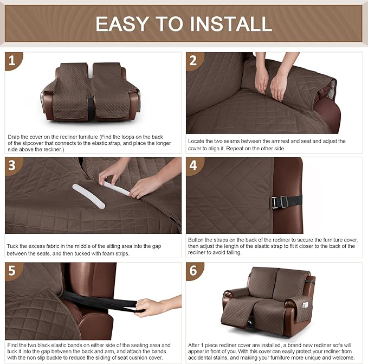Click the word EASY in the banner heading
pyautogui.click(x=122, y=24)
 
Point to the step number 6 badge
pyautogui.click(x=193, y=271)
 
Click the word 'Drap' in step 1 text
pyautogui.click(x=14, y=137)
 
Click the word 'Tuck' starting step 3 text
pyautogui.click(x=12, y=246)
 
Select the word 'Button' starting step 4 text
pyautogui.click(x=197, y=239)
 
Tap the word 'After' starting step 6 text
pyautogui.click(x=195, y=346)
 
